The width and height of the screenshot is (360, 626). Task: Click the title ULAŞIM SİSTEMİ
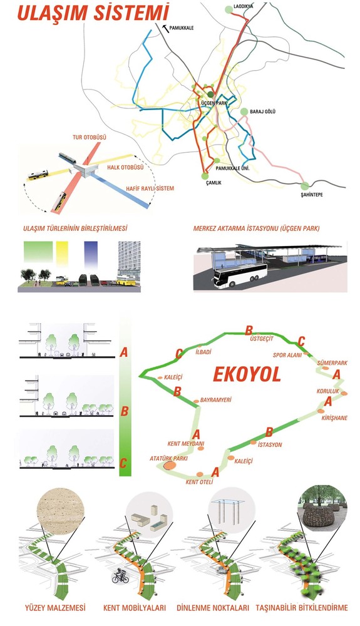(x=93, y=13)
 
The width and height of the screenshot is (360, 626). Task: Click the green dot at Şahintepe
(x=305, y=186)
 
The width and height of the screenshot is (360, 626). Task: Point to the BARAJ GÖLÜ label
(x=262, y=112)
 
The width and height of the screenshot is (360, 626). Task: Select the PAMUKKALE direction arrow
(x=165, y=28)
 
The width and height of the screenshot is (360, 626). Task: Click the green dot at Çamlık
(x=205, y=176)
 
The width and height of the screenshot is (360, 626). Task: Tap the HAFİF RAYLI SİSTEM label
(x=150, y=188)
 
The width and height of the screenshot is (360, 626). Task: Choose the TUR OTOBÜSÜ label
(x=90, y=137)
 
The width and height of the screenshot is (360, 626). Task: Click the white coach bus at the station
(x=240, y=275)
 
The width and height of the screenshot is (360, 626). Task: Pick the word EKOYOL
(x=247, y=374)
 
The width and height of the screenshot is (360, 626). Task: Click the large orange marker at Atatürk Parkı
(x=169, y=465)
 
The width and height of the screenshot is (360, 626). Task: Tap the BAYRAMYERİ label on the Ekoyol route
(x=215, y=399)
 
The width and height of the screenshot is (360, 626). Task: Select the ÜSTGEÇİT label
(x=262, y=339)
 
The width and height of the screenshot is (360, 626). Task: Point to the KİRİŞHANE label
(x=334, y=418)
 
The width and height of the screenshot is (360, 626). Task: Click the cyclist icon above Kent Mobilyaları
(x=120, y=577)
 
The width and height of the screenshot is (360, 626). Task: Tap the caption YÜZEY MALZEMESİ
(x=55, y=608)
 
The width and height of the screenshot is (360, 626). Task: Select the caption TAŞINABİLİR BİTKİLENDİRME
(x=302, y=608)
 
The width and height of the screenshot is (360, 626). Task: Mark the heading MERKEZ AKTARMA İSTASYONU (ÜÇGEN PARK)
(x=256, y=228)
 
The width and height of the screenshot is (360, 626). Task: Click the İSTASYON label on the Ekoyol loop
(x=270, y=444)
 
